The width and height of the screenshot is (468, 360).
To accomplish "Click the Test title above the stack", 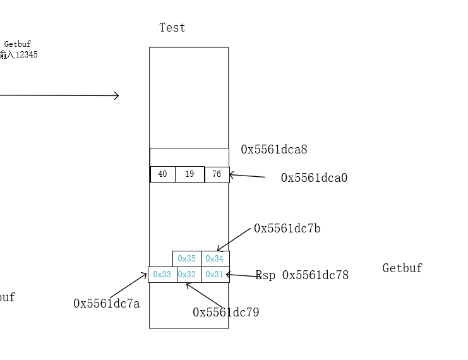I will click(x=172, y=28).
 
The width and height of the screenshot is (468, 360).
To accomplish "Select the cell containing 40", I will click(x=162, y=174).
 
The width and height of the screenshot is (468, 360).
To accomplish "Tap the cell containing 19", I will click(x=189, y=174).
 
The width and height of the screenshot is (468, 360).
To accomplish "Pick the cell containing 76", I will click(x=217, y=174).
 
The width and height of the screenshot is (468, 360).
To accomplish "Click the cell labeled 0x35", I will click(x=187, y=259).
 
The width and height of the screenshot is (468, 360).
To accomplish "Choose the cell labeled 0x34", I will click(x=215, y=259).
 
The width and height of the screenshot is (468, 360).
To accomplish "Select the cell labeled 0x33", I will click(x=162, y=275).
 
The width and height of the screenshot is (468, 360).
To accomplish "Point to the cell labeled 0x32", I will click(x=187, y=275).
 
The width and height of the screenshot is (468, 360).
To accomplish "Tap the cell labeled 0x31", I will click(x=215, y=275).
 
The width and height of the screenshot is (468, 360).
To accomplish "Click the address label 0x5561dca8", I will click(x=273, y=150).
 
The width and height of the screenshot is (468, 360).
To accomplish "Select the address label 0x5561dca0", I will click(x=314, y=178).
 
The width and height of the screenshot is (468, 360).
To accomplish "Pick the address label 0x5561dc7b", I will click(x=287, y=229).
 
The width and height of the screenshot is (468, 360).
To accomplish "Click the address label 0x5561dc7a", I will click(x=106, y=304).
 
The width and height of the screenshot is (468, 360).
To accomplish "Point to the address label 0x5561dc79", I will click(x=225, y=313).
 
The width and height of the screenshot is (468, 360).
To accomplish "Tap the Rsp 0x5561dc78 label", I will click(x=302, y=275).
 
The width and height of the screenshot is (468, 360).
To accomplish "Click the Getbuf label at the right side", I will click(x=402, y=268).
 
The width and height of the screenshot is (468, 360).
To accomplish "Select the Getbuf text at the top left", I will click(x=17, y=44).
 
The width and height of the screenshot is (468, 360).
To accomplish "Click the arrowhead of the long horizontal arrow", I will click(x=116, y=96).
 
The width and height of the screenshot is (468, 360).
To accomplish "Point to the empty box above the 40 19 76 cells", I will click(x=189, y=157).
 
